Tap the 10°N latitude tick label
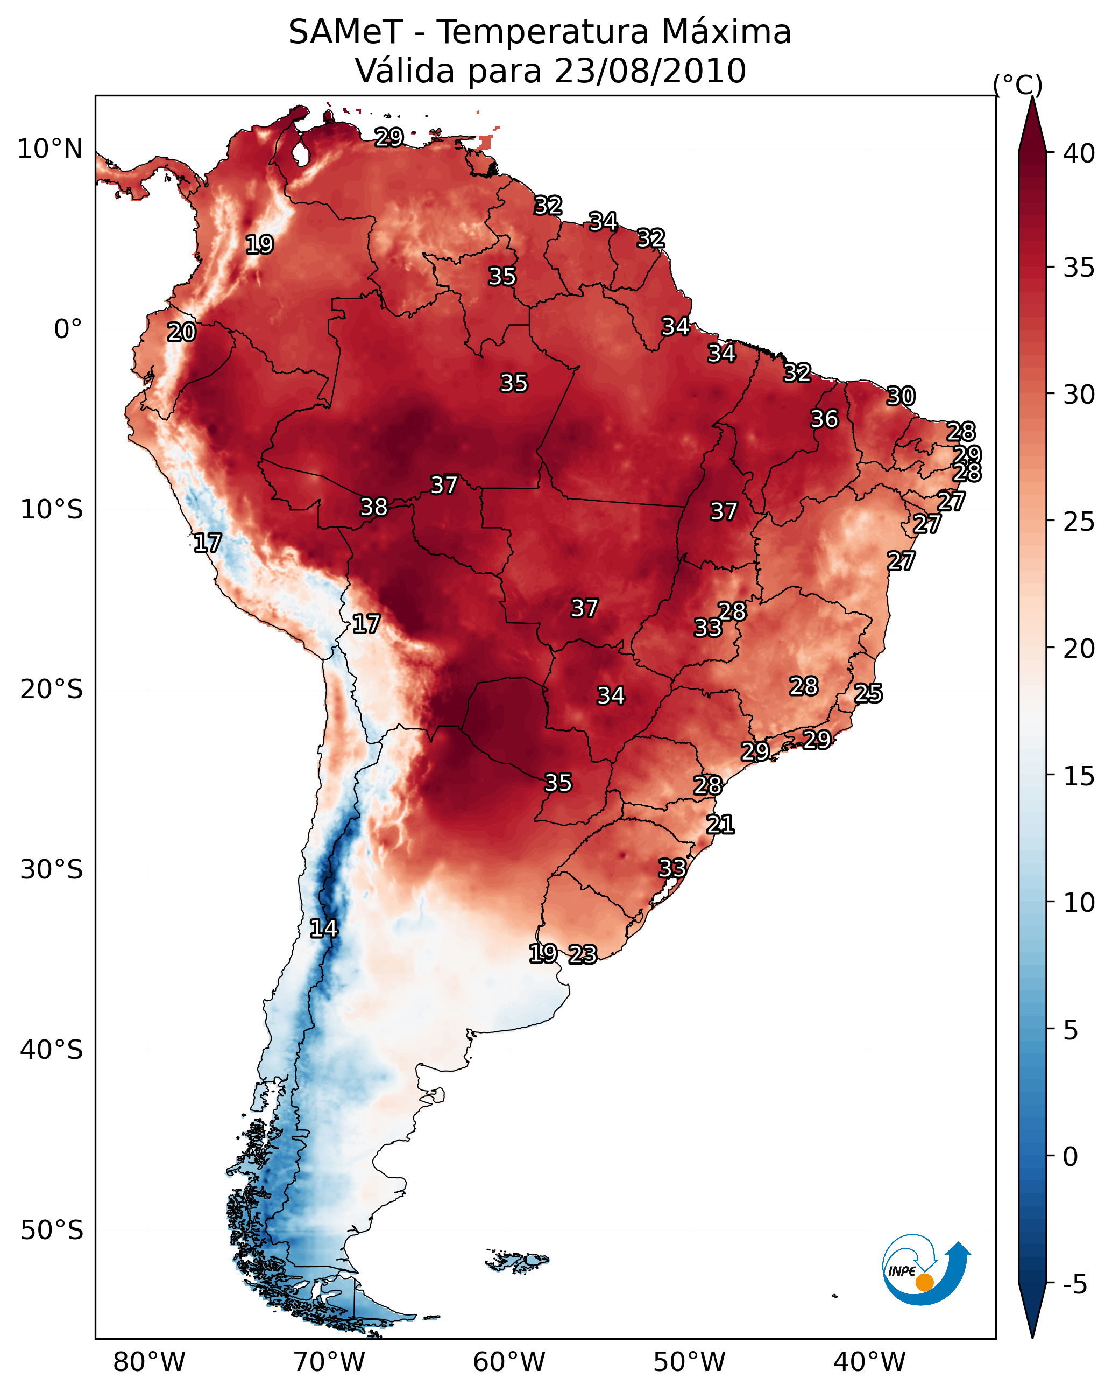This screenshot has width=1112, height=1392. pos(49,149)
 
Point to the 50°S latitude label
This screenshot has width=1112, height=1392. pos(52,1231)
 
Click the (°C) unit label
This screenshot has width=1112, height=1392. pos(1018,85)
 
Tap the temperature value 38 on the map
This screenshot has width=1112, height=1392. pos(374,507)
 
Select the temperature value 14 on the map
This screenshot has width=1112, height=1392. pos(323,929)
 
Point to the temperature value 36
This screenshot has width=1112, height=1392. pos(824,419)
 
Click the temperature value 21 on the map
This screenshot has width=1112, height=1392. pos(720,825)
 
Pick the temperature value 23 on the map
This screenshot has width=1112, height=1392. pos(583,954)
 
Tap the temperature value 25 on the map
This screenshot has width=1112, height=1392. pos(868,693)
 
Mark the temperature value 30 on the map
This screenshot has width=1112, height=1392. pos(901,396)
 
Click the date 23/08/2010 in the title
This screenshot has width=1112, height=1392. pos(650,71)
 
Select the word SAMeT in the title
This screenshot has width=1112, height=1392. pos(345,32)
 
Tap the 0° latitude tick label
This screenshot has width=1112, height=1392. pos(68,329)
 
